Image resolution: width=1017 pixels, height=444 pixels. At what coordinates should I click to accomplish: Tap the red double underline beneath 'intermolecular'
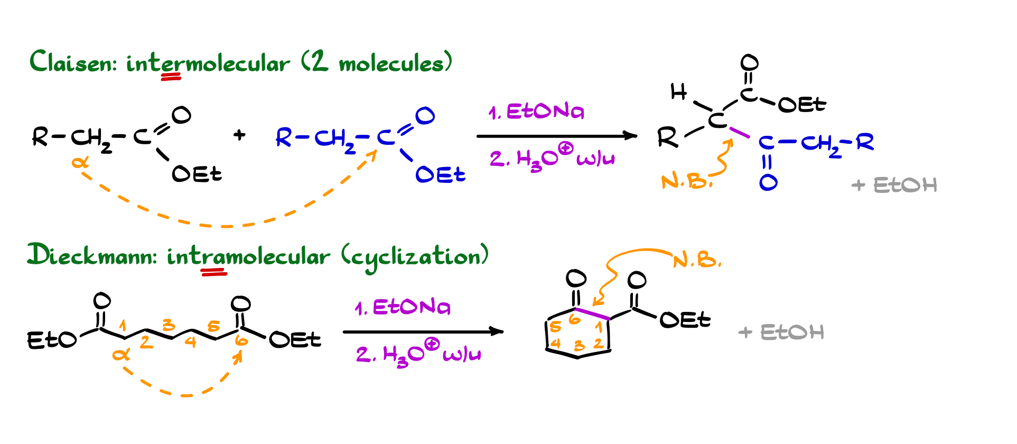pos(171,77)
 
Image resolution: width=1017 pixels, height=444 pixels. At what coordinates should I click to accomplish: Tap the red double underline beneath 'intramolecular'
pos(213,272)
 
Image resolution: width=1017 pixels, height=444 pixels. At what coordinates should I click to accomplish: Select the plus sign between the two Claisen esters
pos(239,135)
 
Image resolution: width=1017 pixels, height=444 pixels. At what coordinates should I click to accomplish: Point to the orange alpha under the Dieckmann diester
pos(121,354)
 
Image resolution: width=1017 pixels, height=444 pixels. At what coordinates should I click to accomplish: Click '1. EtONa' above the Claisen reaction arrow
pos(536,112)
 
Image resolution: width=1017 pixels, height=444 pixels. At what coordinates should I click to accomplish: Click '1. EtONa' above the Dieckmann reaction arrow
pos(403,307)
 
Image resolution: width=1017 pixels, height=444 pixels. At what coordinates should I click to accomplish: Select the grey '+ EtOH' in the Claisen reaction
pos(894,185)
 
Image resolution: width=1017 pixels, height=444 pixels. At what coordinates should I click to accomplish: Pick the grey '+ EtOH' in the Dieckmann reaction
pos(781,332)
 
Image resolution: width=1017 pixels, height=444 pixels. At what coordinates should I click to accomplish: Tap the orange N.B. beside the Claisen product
pos(686,182)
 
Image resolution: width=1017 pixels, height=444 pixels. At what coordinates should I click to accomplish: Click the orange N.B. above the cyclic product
pos(697,260)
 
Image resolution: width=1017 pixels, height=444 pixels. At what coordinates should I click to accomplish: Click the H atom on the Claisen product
pos(678,92)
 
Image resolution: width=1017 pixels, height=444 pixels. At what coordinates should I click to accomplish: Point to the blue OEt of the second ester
pos(440,174)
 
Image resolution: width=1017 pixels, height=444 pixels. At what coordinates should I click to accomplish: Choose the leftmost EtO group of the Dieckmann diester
pos(51,340)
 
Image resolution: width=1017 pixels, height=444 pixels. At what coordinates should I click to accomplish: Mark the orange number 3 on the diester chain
pos(169,324)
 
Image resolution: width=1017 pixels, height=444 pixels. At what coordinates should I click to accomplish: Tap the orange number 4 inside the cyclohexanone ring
pos(556,344)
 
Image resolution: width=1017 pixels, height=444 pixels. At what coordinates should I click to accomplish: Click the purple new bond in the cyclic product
pos(592,314)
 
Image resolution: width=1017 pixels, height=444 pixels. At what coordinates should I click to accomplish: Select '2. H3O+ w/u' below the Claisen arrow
pos(552,158)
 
